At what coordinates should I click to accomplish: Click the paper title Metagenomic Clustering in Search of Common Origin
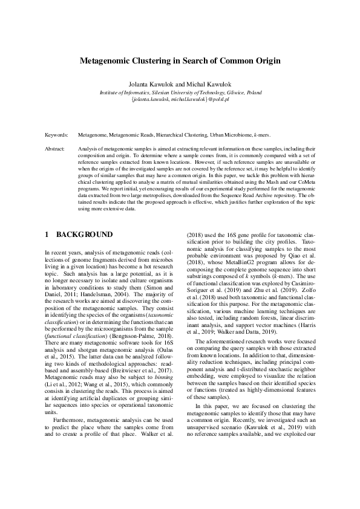pyautogui.click(x=180, y=61)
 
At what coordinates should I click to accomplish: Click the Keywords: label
pyautogui.click(x=57, y=137)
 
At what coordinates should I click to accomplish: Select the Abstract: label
pyautogui.click(x=56, y=148)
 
